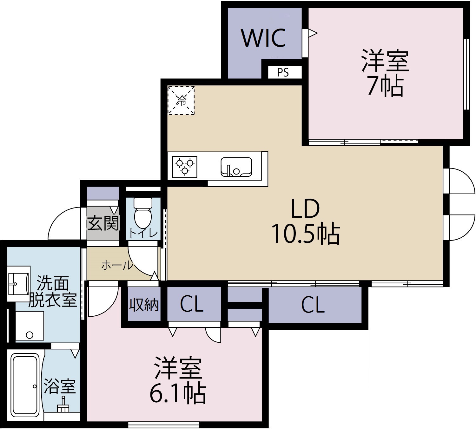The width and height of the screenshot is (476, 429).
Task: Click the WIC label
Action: point(264,38)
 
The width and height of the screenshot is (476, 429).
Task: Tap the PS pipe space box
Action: point(283,72)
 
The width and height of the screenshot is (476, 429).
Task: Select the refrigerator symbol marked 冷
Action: point(181,100)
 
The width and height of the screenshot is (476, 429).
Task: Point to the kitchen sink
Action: point(236,167)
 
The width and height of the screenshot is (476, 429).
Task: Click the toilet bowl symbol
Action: point(143,213)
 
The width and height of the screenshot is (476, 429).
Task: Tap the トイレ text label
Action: point(143,233)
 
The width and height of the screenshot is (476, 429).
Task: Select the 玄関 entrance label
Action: point(103,223)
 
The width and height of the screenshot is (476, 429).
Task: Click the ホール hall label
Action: point(117,265)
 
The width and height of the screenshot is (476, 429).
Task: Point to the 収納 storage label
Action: point(144,305)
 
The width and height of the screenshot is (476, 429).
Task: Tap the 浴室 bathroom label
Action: point(60,386)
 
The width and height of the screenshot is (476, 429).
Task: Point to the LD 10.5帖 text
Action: point(305,222)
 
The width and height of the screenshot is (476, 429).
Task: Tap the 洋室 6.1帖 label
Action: point(178,381)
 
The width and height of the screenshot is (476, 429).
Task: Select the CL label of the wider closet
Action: point(313,305)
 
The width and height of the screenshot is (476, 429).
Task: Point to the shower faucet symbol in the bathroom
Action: point(63,405)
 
